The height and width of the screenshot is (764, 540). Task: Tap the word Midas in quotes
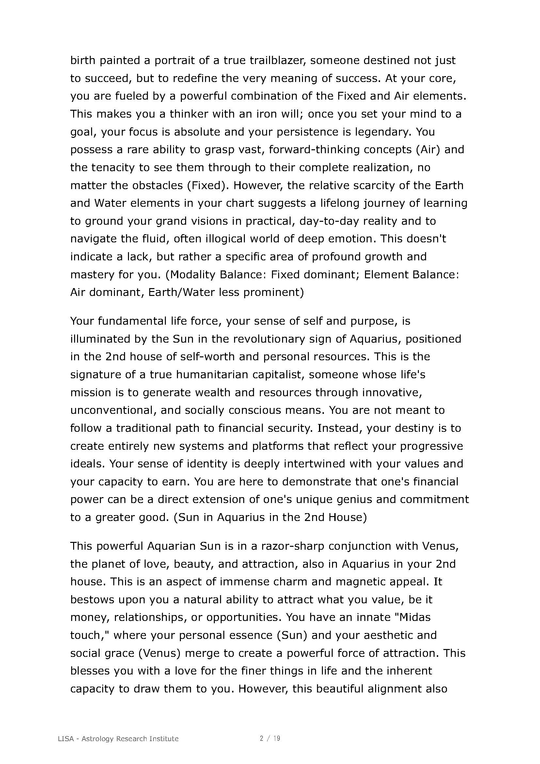[x=415, y=618]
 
